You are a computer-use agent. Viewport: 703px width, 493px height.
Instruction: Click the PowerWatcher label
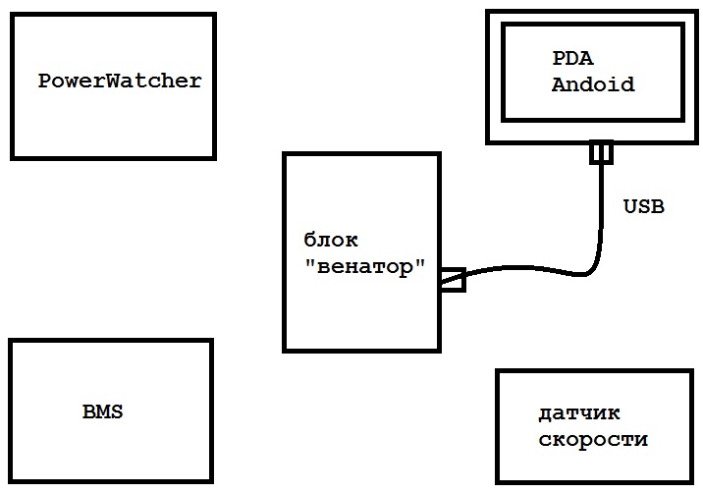[120, 81]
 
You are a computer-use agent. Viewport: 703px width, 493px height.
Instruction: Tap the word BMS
[103, 411]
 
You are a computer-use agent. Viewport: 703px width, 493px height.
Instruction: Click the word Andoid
[593, 84]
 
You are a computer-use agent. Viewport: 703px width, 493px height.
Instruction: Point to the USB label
[644, 206]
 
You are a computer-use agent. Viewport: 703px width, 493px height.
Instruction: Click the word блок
[331, 241]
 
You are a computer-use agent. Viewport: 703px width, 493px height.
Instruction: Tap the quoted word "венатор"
[365, 267]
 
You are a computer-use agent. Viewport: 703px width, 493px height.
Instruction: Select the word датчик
[579, 413]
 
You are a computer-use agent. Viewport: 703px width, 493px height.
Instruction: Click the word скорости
[593, 439]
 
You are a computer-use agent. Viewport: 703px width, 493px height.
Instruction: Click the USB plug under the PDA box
[601, 153]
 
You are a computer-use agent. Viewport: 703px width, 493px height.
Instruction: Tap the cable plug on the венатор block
[452, 281]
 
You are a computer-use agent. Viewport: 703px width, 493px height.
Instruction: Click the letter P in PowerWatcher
[44, 81]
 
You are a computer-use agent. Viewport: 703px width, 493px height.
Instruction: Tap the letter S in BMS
[117, 411]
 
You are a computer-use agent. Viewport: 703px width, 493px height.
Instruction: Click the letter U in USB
[630, 206]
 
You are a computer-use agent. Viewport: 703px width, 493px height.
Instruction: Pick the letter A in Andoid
[558, 84]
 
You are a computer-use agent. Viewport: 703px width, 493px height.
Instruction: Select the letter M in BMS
[103, 411]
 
